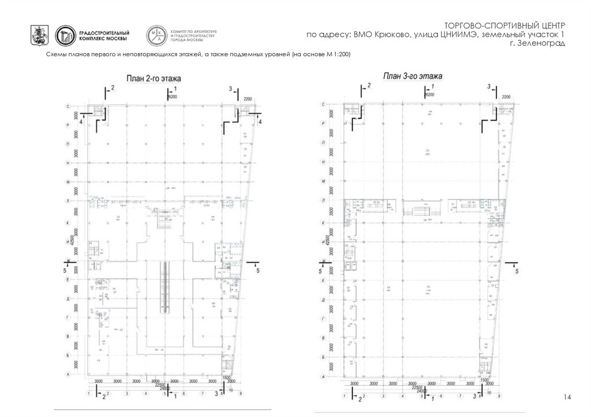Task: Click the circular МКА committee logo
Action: [156, 36]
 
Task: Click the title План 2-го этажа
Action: [149, 78]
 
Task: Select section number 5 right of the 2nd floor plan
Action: [258, 270]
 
